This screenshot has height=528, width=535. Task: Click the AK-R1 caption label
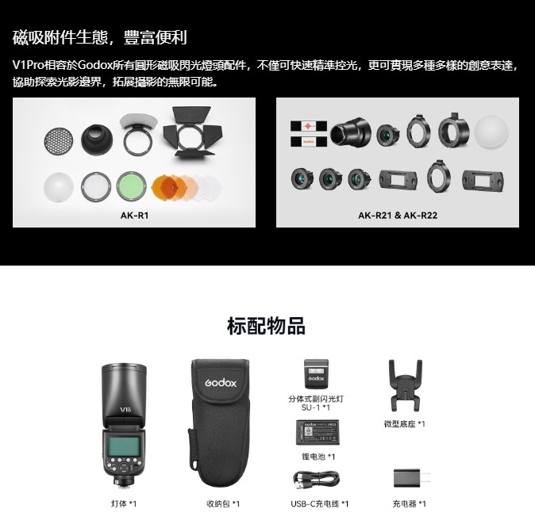pyautogui.click(x=134, y=216)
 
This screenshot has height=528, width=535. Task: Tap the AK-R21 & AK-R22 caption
pyautogui.click(x=398, y=216)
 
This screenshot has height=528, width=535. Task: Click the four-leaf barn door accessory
pyautogui.click(x=192, y=132)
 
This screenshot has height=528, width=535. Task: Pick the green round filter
pyautogui.click(x=131, y=186)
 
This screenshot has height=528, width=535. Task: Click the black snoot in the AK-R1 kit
pyautogui.click(x=97, y=140)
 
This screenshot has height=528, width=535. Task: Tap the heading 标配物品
pyautogui.click(x=266, y=326)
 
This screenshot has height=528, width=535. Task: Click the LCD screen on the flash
pyautogui.click(x=124, y=446)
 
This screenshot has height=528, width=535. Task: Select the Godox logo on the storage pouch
pyautogui.click(x=221, y=383)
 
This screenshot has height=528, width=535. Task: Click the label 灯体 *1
pyautogui.click(x=124, y=503)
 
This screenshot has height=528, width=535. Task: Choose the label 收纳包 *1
pyautogui.click(x=223, y=503)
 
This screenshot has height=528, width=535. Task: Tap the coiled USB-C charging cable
pyautogui.click(x=316, y=480)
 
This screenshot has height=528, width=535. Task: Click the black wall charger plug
pyautogui.click(x=411, y=478)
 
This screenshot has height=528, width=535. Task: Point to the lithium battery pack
pyautogui.click(x=318, y=432)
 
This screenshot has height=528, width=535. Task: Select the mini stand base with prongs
pyautogui.click(x=406, y=385)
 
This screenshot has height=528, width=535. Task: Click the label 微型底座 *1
pyautogui.click(x=405, y=424)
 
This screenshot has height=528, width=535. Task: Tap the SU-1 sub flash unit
pyautogui.click(x=316, y=373)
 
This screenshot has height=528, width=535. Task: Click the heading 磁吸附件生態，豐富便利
pyautogui.click(x=100, y=37)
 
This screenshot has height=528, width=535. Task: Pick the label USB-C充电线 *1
pyautogui.click(x=320, y=503)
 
